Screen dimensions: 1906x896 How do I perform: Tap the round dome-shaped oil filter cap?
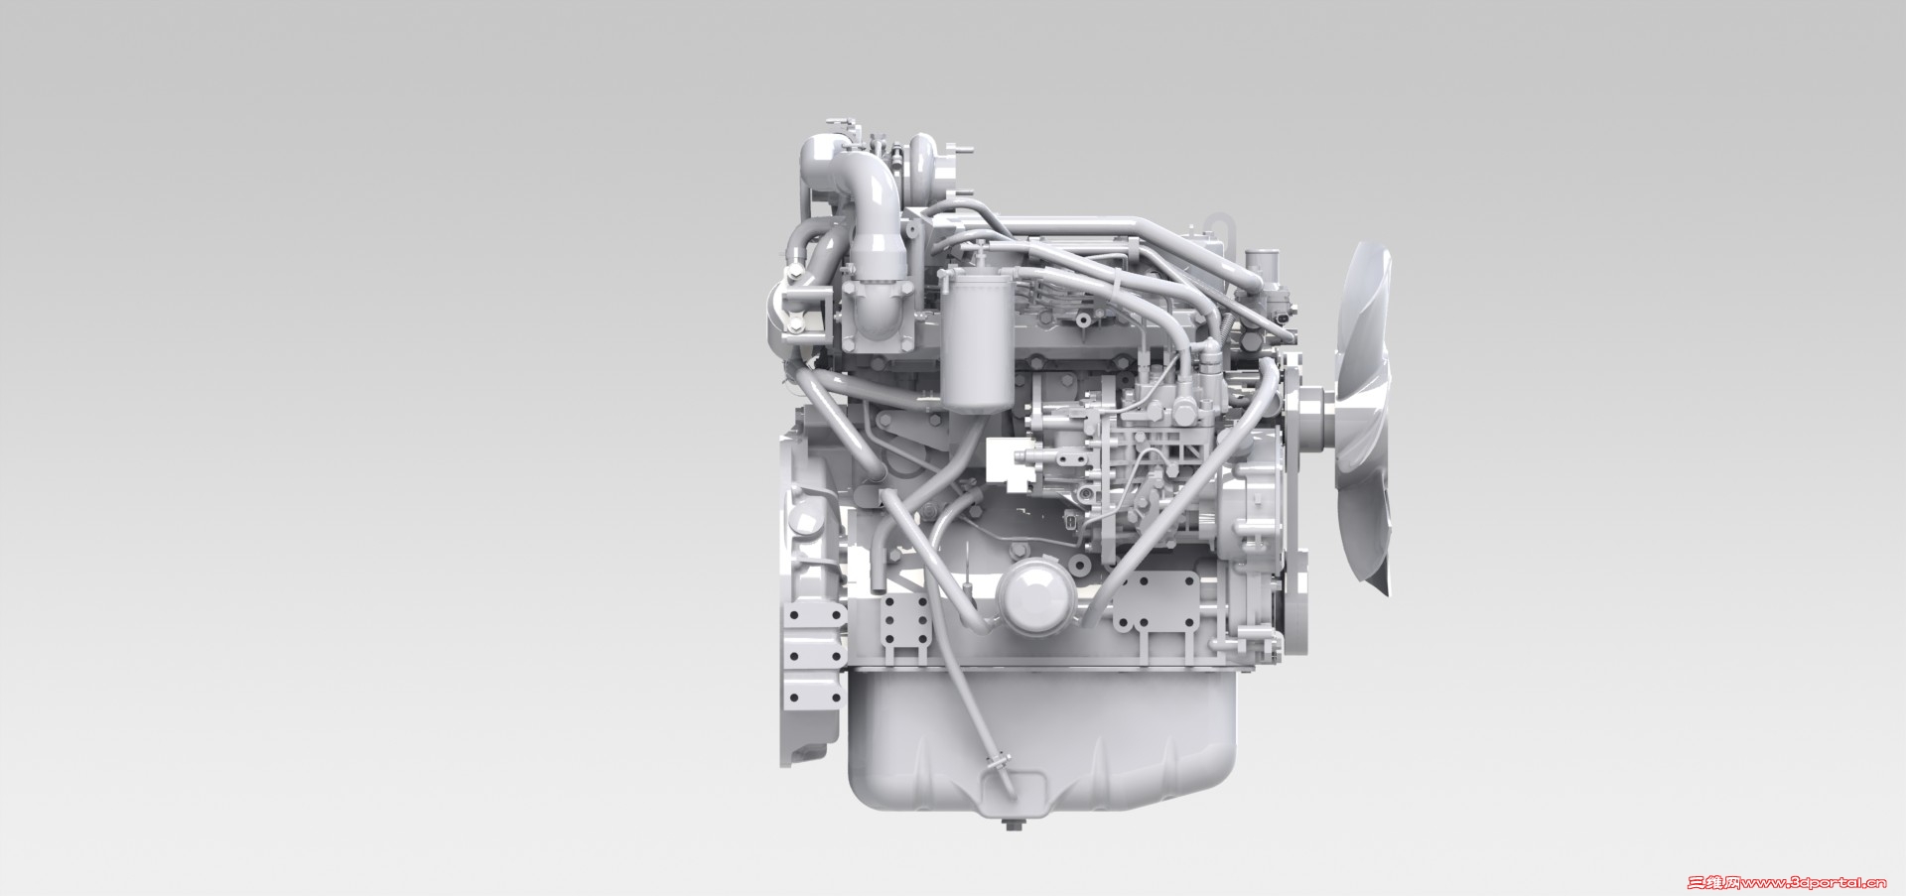pos(1034,599)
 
